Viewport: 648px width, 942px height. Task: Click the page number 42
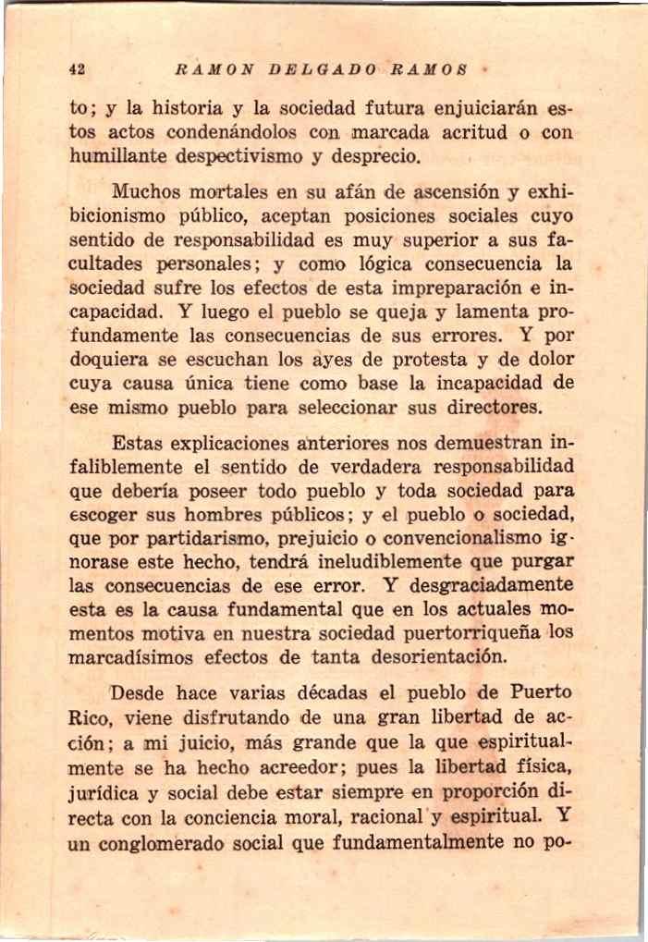point(78,68)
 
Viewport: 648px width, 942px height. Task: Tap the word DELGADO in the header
point(306,68)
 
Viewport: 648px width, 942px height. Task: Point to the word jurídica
point(106,791)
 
